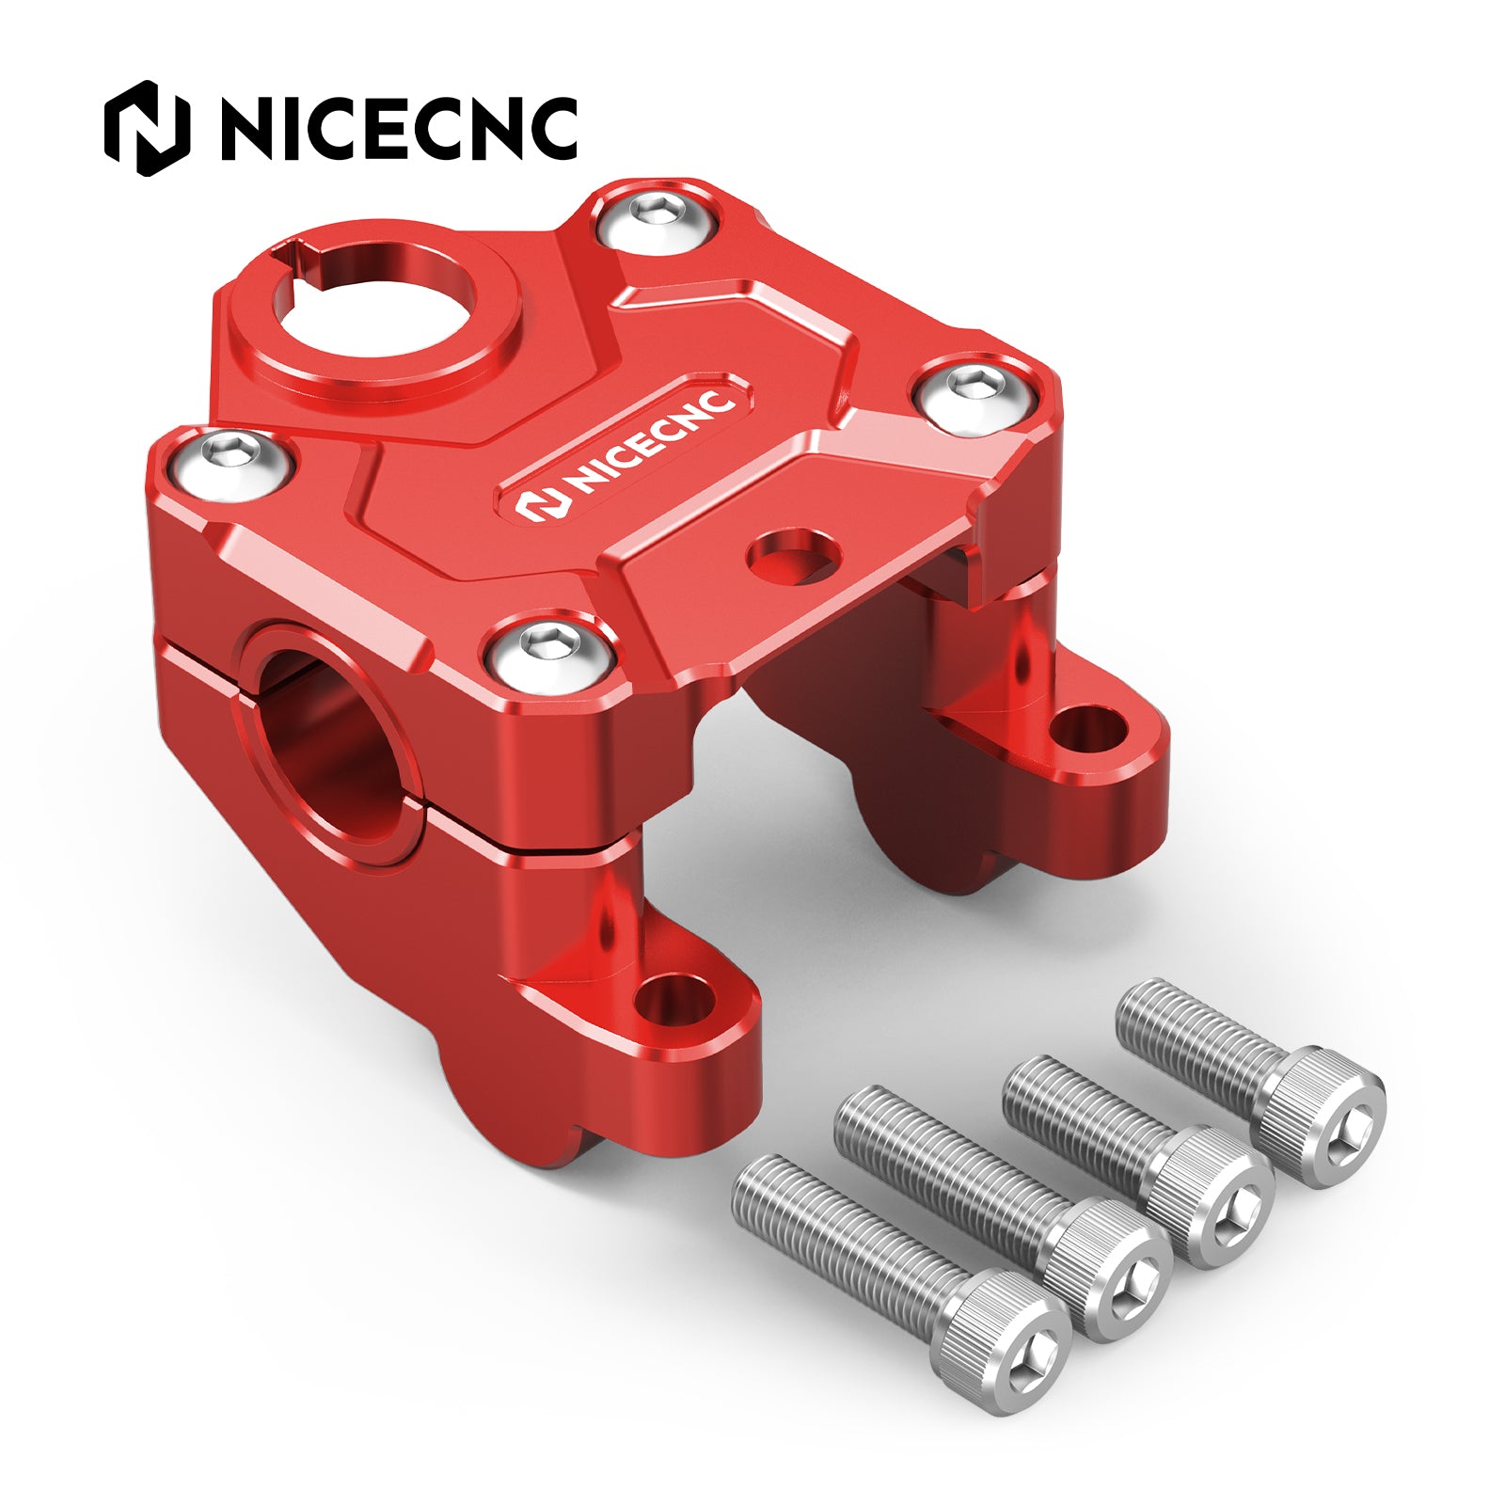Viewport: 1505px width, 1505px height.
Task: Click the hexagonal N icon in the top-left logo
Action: (x=147, y=128)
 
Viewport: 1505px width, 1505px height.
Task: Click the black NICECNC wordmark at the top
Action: (x=399, y=128)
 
